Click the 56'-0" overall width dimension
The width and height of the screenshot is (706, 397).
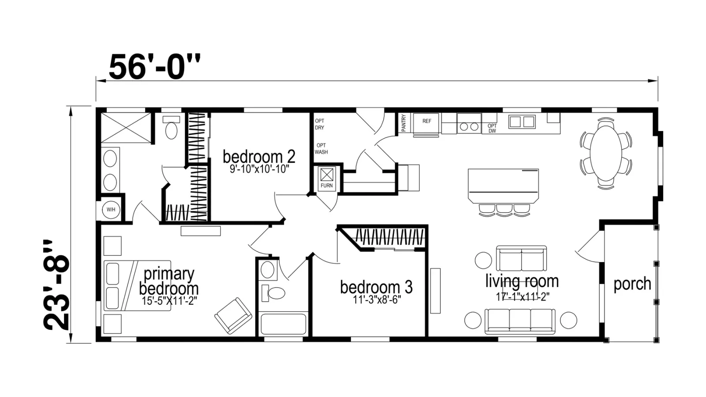(x=154, y=67)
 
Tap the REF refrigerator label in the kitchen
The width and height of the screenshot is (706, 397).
(x=427, y=121)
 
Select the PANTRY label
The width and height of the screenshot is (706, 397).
(x=403, y=123)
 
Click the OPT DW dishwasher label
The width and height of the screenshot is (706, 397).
(x=492, y=128)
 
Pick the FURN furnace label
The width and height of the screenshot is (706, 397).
(x=327, y=186)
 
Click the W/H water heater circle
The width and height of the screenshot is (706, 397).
(x=111, y=210)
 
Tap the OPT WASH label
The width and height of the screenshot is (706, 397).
(x=321, y=149)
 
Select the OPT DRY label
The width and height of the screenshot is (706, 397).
(x=319, y=124)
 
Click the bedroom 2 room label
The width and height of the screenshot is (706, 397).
(x=259, y=157)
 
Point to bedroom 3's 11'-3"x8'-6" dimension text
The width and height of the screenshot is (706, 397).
(x=377, y=300)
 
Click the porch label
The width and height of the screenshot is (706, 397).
(x=632, y=284)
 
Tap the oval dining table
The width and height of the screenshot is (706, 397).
(x=606, y=153)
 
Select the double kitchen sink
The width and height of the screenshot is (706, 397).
(x=522, y=122)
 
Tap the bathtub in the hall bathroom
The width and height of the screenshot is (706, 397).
(x=283, y=324)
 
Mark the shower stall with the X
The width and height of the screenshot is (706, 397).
(x=126, y=127)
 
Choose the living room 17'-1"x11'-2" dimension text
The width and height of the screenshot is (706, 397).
(x=522, y=297)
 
